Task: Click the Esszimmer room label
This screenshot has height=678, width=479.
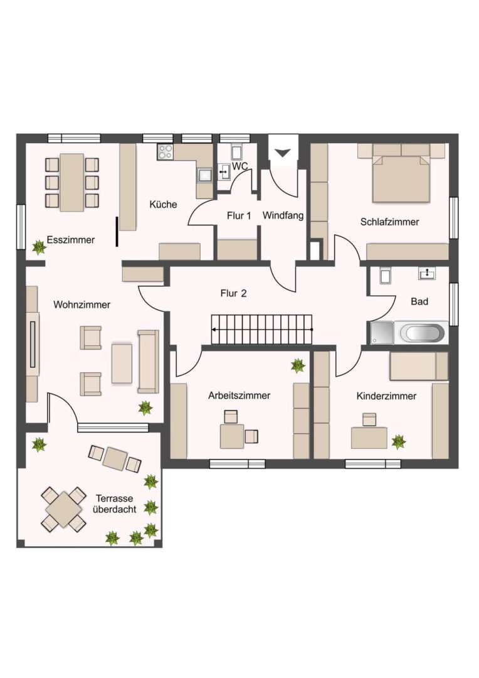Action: (x=71, y=240)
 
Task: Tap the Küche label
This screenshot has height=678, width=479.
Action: (x=163, y=204)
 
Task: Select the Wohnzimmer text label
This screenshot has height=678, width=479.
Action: (x=82, y=305)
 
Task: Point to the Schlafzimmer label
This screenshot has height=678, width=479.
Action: (x=389, y=222)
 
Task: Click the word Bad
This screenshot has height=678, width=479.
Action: (x=419, y=301)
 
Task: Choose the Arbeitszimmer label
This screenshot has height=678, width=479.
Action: (x=239, y=395)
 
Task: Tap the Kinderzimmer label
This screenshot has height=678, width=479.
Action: (x=386, y=396)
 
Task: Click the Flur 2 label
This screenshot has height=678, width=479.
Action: (x=233, y=294)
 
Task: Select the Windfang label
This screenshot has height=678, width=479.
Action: (x=283, y=215)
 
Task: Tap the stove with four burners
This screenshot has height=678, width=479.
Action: (x=165, y=152)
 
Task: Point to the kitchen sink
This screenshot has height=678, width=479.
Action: (x=204, y=175)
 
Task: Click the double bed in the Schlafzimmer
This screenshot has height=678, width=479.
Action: (x=402, y=176)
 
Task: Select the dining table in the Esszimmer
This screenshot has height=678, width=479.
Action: (x=71, y=182)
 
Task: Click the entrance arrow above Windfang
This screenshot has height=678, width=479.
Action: (x=283, y=153)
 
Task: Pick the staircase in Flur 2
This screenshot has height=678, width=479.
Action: (x=261, y=330)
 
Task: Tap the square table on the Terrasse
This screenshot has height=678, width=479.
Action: (x=64, y=509)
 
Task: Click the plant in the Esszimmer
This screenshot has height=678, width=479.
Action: (x=39, y=247)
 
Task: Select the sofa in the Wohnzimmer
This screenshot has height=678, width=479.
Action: (x=148, y=362)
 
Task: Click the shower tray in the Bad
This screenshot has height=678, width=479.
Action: (x=382, y=333)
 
